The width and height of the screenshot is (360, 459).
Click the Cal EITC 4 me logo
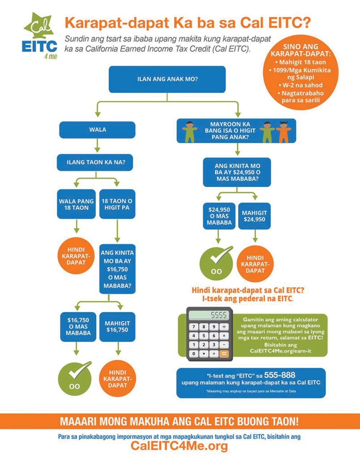(40, 36)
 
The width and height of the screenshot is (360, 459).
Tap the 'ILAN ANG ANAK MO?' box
(167, 79)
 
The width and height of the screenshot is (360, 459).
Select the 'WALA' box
(97, 130)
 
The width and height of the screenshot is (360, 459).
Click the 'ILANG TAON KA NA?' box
(95, 162)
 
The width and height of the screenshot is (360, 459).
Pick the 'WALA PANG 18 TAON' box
(76, 204)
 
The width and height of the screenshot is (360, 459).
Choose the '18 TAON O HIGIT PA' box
(117, 204)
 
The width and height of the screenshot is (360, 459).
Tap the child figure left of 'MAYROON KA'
(190, 132)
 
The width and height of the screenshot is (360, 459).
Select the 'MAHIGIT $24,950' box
(254, 216)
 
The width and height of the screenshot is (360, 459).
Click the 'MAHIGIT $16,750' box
(117, 327)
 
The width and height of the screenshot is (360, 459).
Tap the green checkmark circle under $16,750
(75, 378)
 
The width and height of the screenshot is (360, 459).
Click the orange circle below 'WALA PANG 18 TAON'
(76, 256)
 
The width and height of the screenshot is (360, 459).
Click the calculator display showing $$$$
(208, 315)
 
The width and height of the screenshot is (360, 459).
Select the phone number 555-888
(279, 375)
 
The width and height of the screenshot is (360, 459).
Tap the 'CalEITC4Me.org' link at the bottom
(179, 446)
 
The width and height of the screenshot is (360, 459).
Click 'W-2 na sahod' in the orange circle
(300, 86)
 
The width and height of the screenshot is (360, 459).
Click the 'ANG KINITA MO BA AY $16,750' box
(117, 269)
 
